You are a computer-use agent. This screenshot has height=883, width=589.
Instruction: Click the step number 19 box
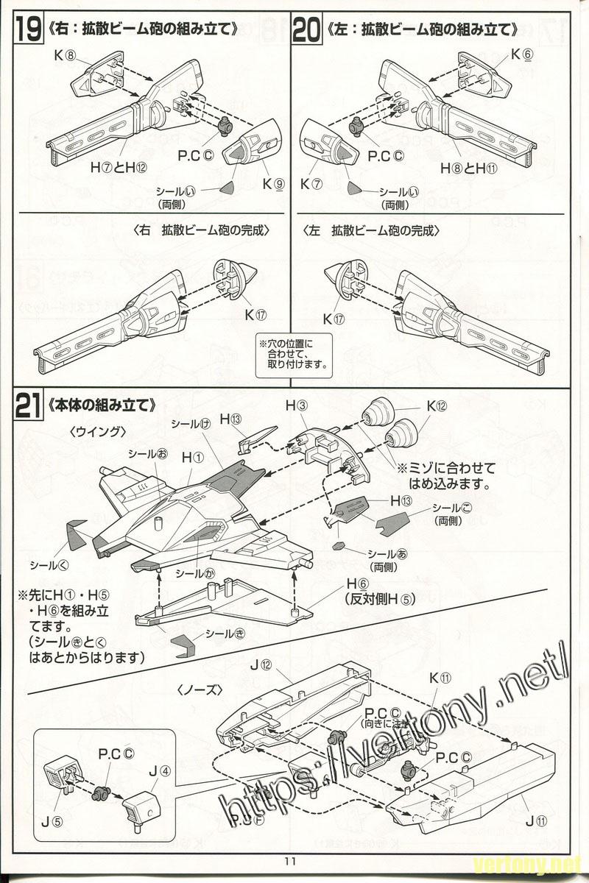pos(27,30)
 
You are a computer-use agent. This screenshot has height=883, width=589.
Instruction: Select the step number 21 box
pos(27,407)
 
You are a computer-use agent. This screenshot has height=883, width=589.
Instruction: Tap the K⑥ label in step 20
pos(521,55)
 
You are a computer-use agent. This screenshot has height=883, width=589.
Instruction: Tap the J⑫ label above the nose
pos(261,665)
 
